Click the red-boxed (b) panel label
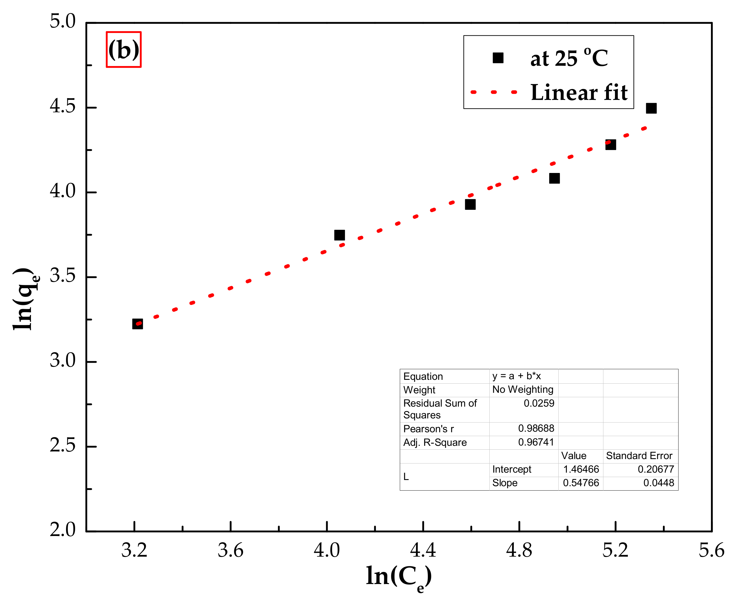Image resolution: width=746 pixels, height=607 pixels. (123, 50)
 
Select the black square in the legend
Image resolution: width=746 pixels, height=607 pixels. (498, 58)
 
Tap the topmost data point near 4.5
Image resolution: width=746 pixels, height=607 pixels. (651, 108)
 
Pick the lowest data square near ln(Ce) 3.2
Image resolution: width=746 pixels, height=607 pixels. (137, 324)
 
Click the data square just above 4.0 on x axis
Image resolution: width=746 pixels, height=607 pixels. (339, 235)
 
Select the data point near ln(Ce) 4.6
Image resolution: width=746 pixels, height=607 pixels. (470, 204)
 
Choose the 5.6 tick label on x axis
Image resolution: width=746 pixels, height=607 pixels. (712, 550)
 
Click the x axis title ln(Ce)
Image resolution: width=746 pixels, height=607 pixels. (399, 577)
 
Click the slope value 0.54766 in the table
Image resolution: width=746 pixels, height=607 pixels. (581, 483)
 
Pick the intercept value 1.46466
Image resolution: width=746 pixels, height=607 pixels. (581, 469)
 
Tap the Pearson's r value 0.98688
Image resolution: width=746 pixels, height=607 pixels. (536, 428)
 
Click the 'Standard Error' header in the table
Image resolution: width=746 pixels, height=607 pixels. (639, 456)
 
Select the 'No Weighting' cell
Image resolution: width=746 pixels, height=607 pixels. (523, 390)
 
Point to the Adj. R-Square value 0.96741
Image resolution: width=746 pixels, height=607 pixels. (536, 442)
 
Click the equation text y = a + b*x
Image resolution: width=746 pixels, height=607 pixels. (516, 376)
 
